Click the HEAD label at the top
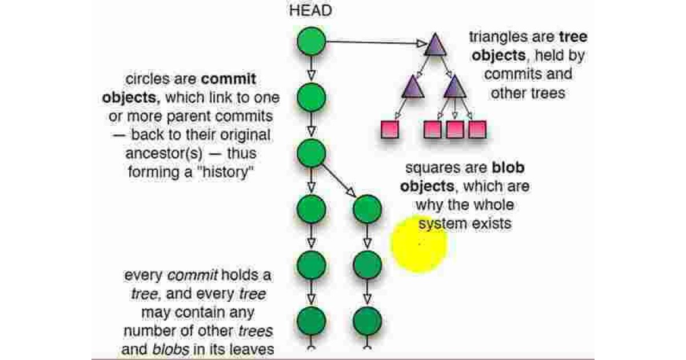click(x=311, y=10)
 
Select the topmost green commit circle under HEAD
click(x=311, y=42)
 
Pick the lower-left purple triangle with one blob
click(x=413, y=87)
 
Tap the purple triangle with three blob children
click(x=454, y=87)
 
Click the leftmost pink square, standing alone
click(x=389, y=130)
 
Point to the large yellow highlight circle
click(x=419, y=245)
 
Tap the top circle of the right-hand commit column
click(x=367, y=209)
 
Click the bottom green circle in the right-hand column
click(x=367, y=322)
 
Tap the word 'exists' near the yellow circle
click(x=491, y=223)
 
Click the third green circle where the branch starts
click(x=311, y=153)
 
